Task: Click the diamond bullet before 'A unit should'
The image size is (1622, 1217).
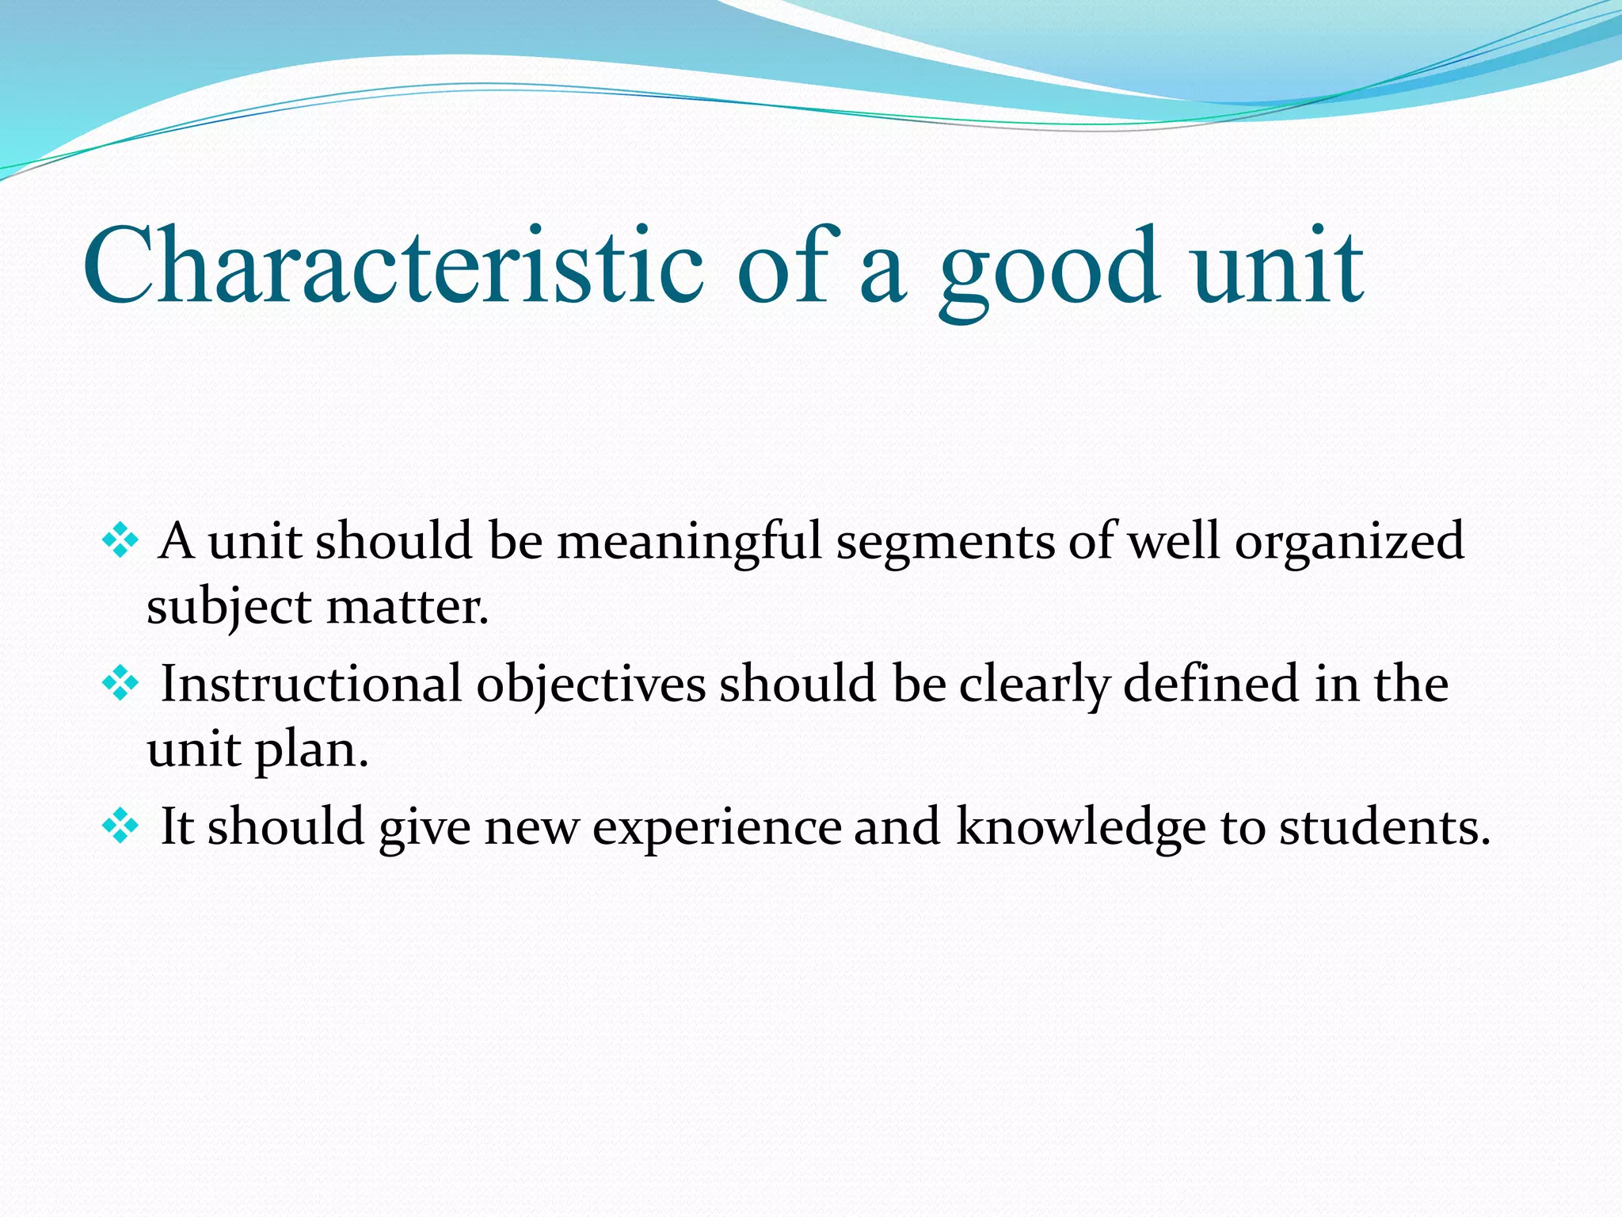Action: pos(120,542)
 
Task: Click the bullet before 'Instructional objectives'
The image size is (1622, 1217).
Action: pos(120,684)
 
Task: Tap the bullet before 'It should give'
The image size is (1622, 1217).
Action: pos(120,827)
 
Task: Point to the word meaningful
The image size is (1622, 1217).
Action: pos(689,543)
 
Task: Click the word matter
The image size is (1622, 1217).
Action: pos(407,608)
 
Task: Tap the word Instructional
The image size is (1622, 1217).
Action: pos(310,684)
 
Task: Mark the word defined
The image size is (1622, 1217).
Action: pos(1211,684)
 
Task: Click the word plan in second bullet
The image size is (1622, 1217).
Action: pos(310,751)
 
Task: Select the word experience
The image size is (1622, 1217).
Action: pos(717,829)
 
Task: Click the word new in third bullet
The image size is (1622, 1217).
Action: pos(531,829)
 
